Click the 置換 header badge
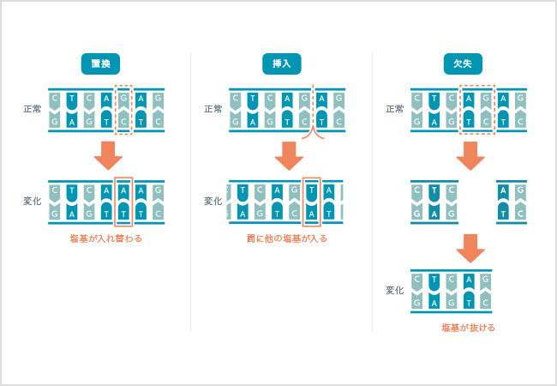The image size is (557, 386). (100, 63)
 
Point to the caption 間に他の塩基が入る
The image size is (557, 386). (286, 238)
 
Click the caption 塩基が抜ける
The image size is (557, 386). (468, 328)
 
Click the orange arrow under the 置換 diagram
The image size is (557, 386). (109, 155)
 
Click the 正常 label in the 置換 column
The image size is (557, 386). (33, 109)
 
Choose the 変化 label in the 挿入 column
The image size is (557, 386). (213, 201)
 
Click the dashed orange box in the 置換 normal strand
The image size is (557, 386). (124, 110)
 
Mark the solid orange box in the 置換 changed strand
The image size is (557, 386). (124, 202)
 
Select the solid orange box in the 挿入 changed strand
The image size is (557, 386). (312, 202)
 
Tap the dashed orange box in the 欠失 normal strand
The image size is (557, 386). (477, 110)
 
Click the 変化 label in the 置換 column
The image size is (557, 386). (33, 201)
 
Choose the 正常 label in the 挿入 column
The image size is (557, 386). (213, 109)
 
